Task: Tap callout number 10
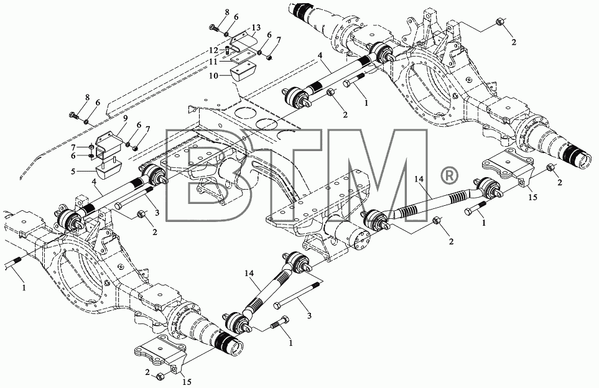(213, 76)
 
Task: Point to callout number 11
(213, 62)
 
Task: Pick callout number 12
(213, 50)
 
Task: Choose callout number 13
(256, 27)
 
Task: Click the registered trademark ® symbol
(448, 176)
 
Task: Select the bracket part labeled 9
(108, 146)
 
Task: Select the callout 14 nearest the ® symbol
(421, 180)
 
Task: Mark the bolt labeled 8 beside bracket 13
(214, 27)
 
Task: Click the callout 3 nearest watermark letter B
(157, 213)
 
